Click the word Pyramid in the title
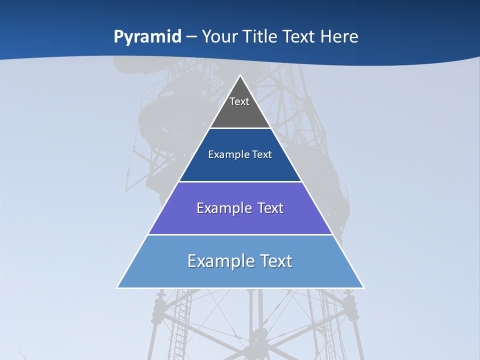click(147, 37)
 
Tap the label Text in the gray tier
click(239, 101)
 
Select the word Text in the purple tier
click(270, 208)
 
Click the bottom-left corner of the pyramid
click(117, 287)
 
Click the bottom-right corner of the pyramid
click(363, 287)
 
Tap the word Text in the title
click(299, 36)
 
